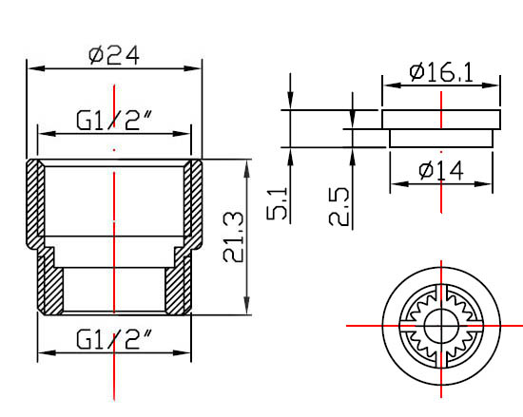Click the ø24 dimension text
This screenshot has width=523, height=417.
point(113,54)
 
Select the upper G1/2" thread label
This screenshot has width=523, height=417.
point(114,121)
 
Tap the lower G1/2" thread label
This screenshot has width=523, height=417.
point(114,338)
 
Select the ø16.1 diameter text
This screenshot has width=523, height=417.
point(441,71)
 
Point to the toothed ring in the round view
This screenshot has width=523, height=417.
point(418,326)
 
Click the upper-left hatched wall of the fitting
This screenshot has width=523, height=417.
point(35,199)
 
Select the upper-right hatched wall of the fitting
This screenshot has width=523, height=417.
point(194,199)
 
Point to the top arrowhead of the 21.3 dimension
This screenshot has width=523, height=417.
point(247,165)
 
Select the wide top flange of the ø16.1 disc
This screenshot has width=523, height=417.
point(441,120)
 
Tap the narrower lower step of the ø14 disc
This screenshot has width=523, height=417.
point(441,138)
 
